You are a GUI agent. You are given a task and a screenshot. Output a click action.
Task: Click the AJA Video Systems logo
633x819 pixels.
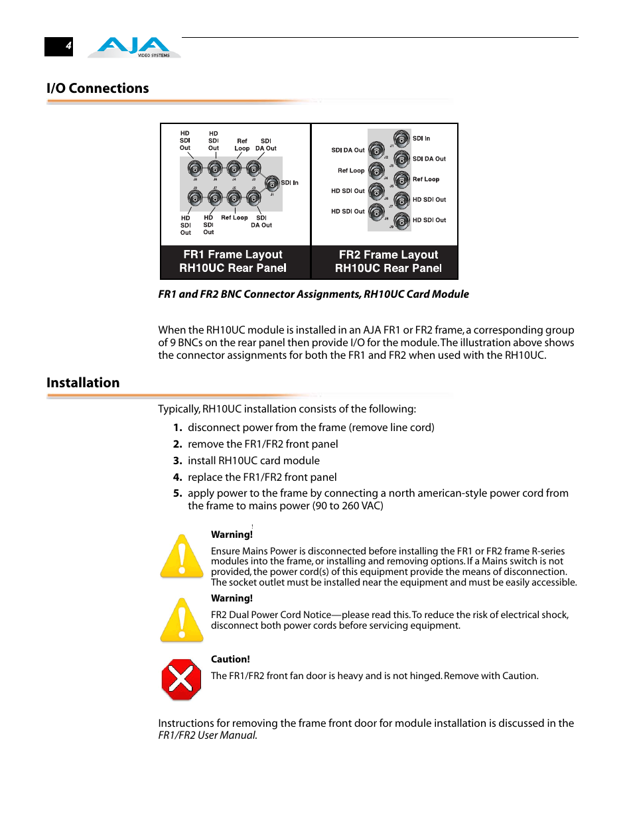coord(134,47)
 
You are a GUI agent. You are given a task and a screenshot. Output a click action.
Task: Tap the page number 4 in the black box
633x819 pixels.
coord(68,46)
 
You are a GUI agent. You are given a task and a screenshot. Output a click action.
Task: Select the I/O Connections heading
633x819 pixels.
coord(98,88)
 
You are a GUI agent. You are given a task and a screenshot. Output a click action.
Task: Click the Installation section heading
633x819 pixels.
coord(83,383)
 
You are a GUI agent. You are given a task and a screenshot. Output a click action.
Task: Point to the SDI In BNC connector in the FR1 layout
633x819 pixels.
coord(272,183)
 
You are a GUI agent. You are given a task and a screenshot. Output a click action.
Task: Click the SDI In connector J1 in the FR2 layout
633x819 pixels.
coord(401,139)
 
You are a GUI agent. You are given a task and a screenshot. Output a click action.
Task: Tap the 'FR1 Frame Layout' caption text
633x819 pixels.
coord(233,255)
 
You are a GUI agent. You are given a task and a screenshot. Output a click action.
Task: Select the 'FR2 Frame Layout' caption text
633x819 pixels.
coord(388,255)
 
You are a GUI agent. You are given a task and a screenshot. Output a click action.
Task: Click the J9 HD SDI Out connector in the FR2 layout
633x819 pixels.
coord(401,220)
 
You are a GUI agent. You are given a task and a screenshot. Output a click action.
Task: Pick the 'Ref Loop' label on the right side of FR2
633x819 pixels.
coord(426,179)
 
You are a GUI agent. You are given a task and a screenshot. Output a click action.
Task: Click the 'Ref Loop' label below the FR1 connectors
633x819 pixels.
coord(234,218)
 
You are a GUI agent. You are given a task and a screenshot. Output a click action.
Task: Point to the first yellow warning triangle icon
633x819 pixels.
coord(182,556)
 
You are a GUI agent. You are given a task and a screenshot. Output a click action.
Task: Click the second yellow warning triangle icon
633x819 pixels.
coord(182,620)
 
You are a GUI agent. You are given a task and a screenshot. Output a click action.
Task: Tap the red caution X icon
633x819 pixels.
coord(181,679)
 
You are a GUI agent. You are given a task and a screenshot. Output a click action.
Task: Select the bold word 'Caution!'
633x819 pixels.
coord(230,659)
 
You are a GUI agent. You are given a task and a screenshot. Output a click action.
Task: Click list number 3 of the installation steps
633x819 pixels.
coord(177,461)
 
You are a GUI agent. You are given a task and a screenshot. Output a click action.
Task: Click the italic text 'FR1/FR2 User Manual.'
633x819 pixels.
coord(208,735)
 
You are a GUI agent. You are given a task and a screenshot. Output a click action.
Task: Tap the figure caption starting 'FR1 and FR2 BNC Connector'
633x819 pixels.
coord(313,294)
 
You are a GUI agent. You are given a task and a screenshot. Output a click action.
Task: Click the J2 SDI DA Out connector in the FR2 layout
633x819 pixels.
coord(376,151)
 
